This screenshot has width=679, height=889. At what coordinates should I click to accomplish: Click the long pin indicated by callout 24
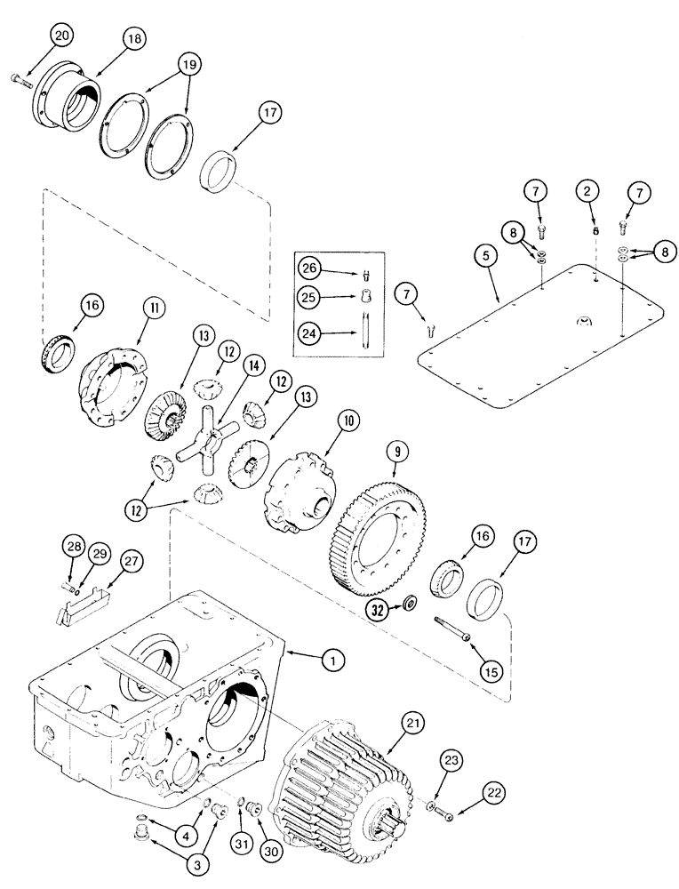(x=365, y=334)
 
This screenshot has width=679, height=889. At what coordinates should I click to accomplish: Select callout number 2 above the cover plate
(x=586, y=190)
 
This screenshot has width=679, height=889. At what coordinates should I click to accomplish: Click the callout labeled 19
(x=188, y=65)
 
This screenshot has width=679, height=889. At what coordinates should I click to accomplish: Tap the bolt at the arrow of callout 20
(x=21, y=79)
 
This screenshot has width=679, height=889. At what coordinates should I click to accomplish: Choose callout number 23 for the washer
(x=454, y=761)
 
